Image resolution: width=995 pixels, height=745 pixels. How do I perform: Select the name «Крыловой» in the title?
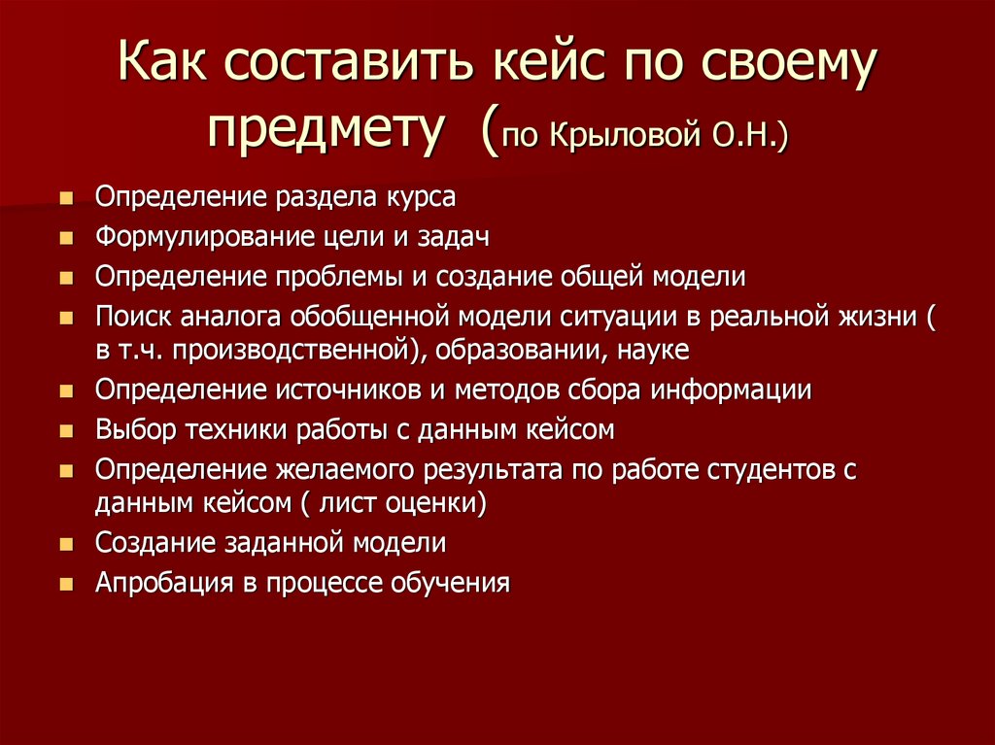(x=627, y=135)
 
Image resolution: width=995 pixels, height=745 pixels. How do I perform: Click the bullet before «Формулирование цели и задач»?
(x=66, y=238)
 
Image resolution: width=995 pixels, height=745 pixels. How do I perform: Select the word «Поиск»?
(x=133, y=316)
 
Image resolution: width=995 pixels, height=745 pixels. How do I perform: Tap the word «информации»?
(x=731, y=389)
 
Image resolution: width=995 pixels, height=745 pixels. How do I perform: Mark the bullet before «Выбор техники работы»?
(x=66, y=431)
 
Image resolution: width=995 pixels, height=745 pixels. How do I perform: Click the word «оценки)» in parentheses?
(x=436, y=503)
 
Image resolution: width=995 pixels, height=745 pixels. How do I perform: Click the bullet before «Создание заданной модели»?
(x=66, y=545)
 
